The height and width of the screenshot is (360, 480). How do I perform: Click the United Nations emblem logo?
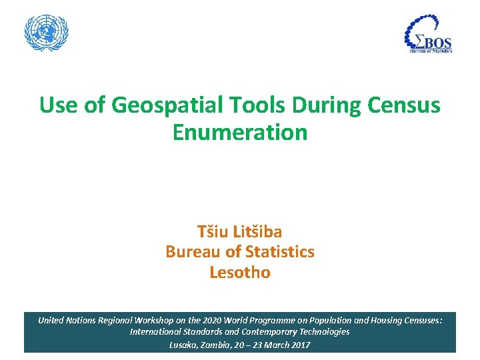[x=47, y=33]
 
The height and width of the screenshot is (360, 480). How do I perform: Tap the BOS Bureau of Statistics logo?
[x=429, y=35]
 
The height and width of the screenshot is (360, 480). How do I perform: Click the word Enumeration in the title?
[x=240, y=132]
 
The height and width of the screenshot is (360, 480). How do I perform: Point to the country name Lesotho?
[x=240, y=273]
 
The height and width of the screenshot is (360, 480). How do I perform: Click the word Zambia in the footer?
[x=215, y=345]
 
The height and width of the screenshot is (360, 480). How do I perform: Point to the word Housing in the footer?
[x=385, y=320]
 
